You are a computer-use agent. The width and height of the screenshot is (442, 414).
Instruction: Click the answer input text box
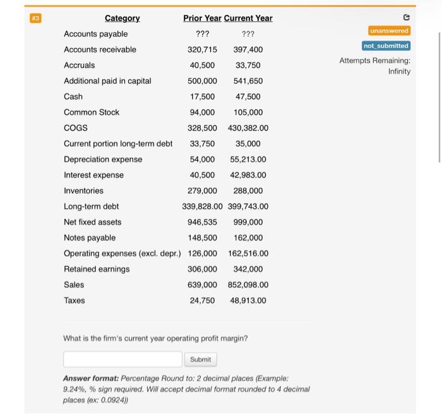coord(122,359)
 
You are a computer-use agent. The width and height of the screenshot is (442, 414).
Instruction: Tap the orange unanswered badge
coord(389,31)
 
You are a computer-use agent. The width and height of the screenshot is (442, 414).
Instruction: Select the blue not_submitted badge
coord(386,46)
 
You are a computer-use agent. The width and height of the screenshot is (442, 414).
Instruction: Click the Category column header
coord(122,18)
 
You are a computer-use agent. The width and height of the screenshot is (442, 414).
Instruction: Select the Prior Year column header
coord(202,18)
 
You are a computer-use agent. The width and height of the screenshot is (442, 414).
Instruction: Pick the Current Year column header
coord(248,18)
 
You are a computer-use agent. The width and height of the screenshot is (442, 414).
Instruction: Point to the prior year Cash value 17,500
coord(202,97)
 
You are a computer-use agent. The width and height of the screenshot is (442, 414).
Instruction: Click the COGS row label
coord(76,128)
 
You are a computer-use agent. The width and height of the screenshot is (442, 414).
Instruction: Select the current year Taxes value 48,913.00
coord(248,300)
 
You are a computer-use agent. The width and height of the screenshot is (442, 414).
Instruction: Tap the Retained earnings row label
coord(97,269)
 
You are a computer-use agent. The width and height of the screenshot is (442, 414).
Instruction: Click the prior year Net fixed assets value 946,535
coord(202,222)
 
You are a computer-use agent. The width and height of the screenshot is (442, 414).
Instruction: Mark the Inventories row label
coord(83,191)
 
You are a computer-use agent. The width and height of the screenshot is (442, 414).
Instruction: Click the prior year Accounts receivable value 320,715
coord(202,50)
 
